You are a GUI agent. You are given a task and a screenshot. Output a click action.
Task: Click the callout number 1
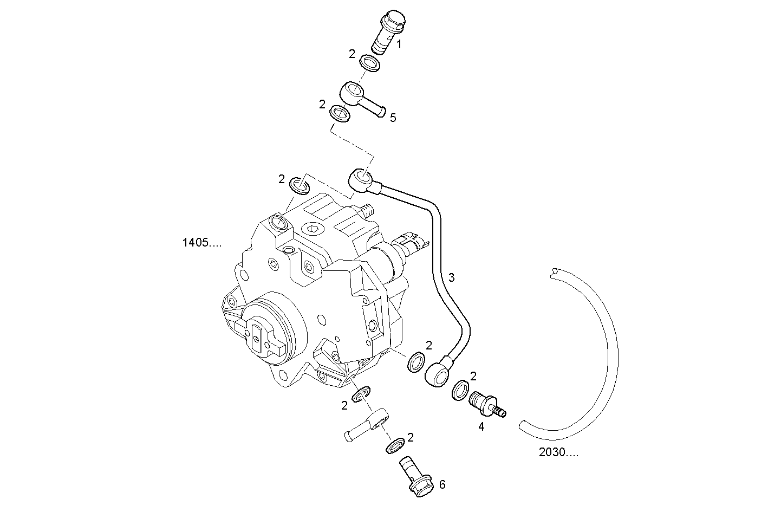point(399,44)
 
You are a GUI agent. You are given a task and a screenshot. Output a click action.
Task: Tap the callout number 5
point(393,118)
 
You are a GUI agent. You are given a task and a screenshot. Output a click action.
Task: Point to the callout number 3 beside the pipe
point(451,277)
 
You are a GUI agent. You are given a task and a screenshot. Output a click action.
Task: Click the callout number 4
point(481,426)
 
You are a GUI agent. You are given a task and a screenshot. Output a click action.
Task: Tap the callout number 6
point(442,484)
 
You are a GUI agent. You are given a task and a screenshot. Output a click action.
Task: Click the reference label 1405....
point(202,243)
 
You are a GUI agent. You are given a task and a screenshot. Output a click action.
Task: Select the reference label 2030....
point(558,452)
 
